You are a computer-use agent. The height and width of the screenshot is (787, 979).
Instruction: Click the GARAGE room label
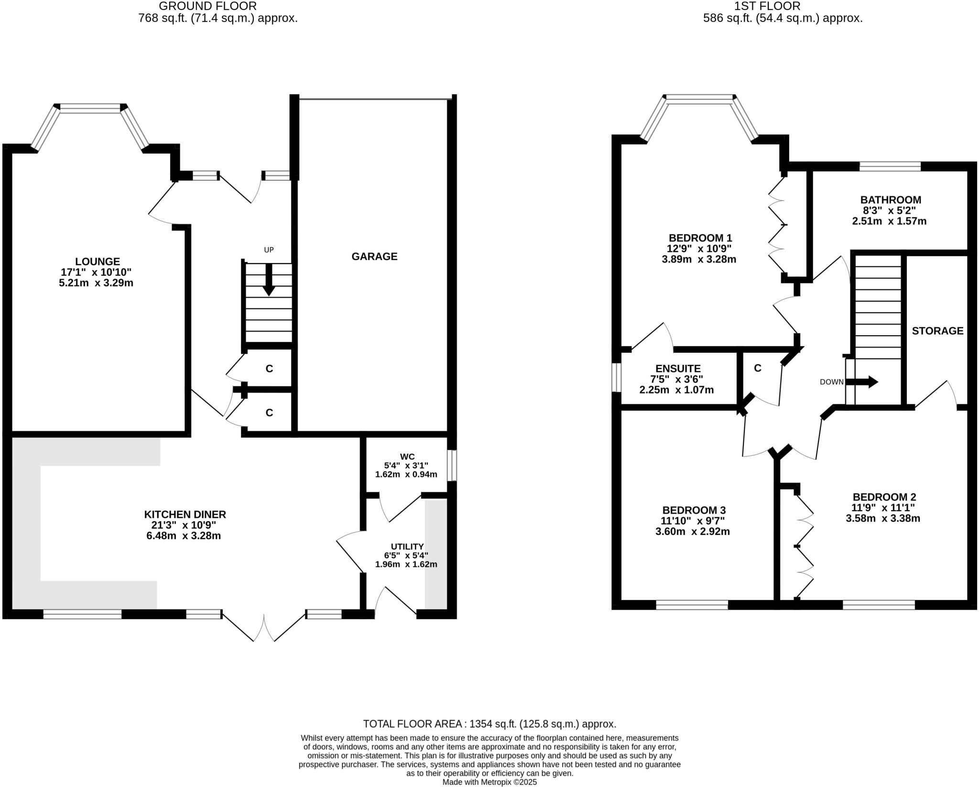[374, 257]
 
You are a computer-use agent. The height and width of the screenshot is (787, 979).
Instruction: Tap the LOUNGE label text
[98, 262]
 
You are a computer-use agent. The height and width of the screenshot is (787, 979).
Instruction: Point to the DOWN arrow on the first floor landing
[866, 382]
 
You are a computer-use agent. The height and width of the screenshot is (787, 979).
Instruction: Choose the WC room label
[407, 457]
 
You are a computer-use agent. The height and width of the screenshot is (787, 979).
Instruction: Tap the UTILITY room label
[407, 547]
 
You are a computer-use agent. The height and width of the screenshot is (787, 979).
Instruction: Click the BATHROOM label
[890, 200]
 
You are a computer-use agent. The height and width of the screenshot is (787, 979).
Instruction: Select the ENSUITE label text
[678, 369]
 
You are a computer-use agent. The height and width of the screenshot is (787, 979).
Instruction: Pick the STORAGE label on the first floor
[937, 331]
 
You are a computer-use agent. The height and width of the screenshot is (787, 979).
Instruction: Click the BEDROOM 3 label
[694, 510]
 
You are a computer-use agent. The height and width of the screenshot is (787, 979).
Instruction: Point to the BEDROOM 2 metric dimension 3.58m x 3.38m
[882, 518]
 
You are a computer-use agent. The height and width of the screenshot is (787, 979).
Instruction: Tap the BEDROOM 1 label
[700, 238]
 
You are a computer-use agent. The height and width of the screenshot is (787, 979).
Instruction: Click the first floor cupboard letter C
[757, 368]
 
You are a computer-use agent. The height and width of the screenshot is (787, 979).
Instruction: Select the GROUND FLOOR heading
[207, 6]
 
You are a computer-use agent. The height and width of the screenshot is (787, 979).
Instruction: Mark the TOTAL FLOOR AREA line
[489, 724]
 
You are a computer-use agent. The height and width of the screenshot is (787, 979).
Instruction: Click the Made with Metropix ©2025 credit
[489, 782]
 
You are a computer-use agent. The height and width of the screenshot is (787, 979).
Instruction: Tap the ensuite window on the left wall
[617, 378]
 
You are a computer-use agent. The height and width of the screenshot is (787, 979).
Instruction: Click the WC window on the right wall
[452, 465]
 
